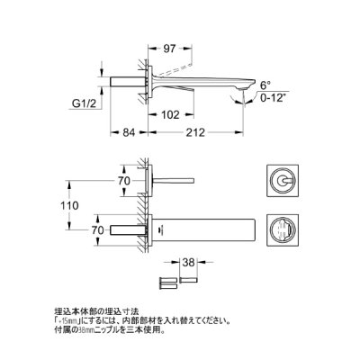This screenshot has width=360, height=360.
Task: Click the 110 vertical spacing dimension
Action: pos(109,205)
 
